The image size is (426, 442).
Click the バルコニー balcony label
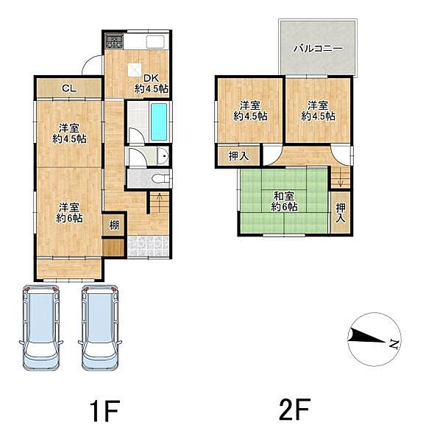coord(318,49)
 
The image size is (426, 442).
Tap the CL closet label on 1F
coord(69,88)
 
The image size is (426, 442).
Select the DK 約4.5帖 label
coord(152,84)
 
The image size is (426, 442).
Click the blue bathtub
coord(159,122)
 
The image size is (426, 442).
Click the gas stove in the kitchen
coord(114,41)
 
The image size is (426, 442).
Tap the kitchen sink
coord(155,43)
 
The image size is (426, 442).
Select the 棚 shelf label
coord(114,225)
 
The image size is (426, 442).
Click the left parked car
coord(41,328)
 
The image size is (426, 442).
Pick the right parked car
coord(100,328)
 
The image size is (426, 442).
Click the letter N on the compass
coord(394,344)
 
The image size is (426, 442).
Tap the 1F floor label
coord(103,410)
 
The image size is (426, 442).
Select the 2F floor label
coord(294,410)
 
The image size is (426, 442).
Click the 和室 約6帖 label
coord(284,201)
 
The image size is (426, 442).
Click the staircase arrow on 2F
coord(340,177)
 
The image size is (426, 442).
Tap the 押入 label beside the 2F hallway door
coord(239,156)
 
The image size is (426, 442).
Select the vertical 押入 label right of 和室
coord(341,213)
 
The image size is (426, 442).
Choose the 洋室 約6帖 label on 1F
coord(68,213)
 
